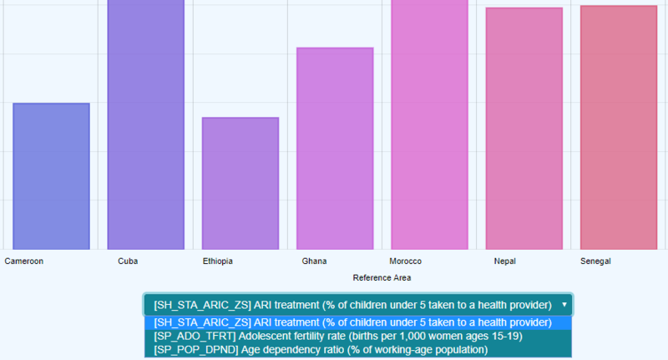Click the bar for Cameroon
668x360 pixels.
coord(51,175)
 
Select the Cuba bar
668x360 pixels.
coord(145,125)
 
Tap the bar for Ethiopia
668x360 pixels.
coord(240,183)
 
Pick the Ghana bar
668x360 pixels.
coord(335,148)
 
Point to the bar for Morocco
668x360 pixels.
coord(429,125)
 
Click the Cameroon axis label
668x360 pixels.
coord(24,261)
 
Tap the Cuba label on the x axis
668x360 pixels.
coord(128,261)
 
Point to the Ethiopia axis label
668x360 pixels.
coord(218,261)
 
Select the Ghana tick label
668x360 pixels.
coord(314,261)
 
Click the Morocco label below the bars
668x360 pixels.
coord(406,261)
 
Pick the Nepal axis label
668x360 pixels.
coord(504,261)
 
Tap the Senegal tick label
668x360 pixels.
coord(595,261)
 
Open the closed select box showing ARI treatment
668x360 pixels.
coord(351,305)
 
